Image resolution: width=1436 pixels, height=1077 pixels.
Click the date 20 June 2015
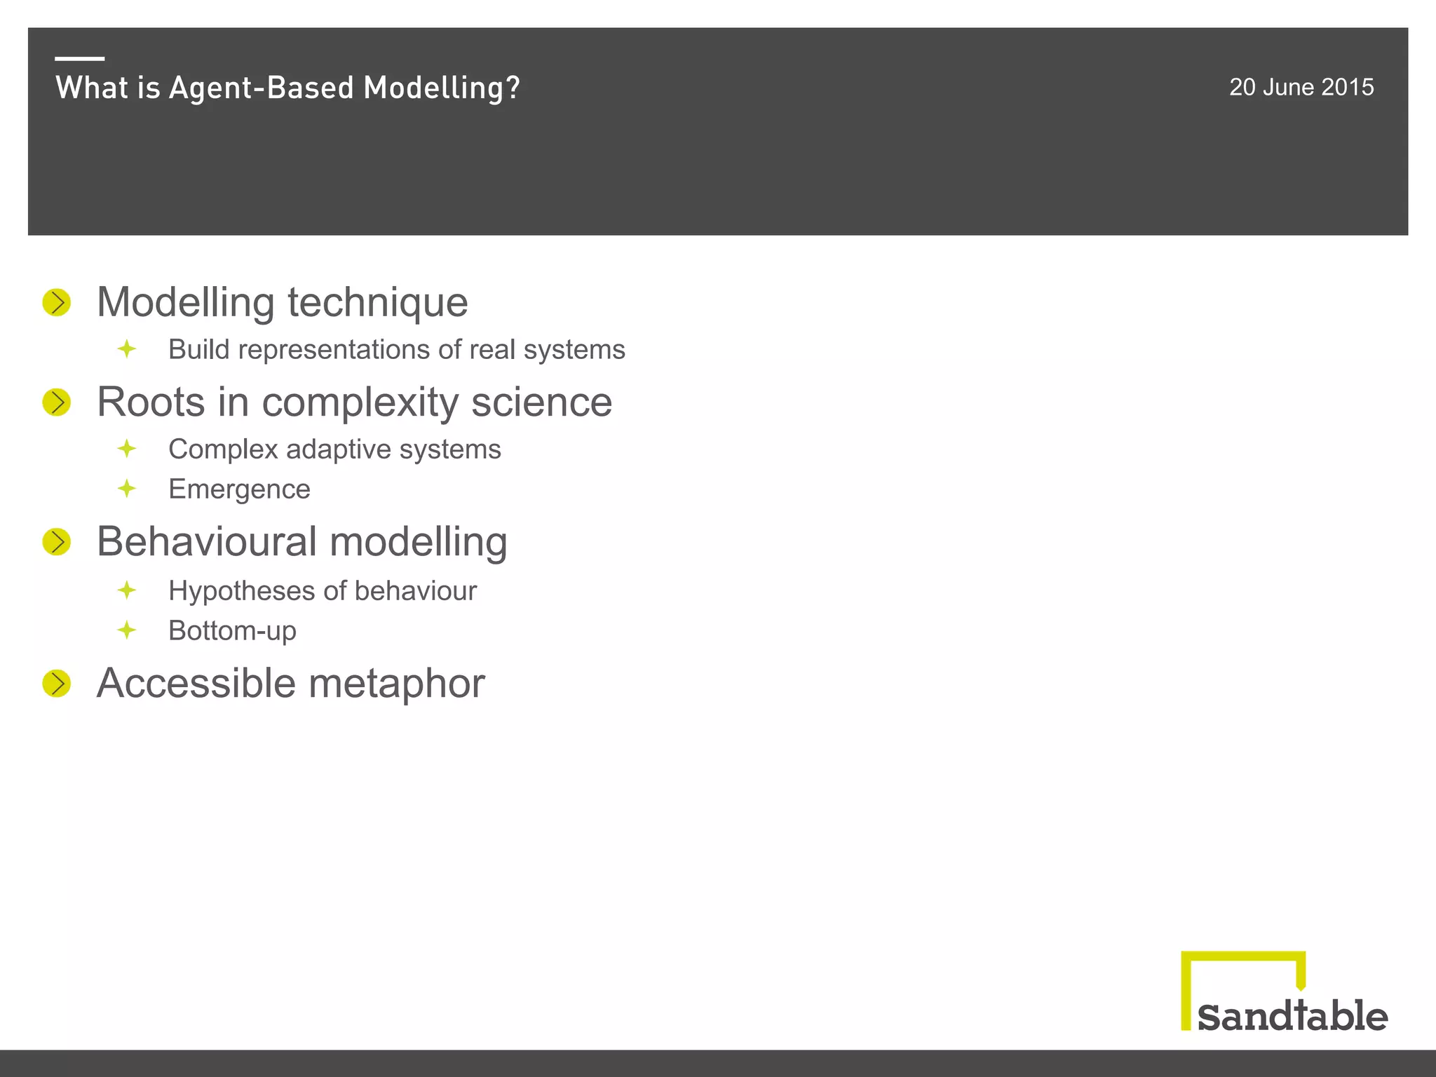[x=1301, y=87]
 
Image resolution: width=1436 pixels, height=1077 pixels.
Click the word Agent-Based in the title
[x=262, y=88]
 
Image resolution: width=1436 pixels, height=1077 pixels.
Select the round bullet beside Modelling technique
[x=57, y=303]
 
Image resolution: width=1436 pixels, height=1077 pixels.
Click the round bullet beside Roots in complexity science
[x=57, y=402]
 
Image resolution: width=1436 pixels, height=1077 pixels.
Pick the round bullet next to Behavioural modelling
[x=57, y=542]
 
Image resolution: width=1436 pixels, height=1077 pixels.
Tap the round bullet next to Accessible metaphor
[x=57, y=684]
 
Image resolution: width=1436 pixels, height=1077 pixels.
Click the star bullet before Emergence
[x=127, y=488]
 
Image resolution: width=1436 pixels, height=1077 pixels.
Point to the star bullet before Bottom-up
[x=127, y=630]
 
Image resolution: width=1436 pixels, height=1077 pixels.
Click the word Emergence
[x=239, y=489]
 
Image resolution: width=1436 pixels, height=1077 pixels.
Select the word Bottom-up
[x=232, y=631]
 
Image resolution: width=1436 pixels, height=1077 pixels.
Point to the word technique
[x=377, y=303]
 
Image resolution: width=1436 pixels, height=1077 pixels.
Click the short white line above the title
[x=80, y=59]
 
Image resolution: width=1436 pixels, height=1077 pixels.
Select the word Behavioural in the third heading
[x=208, y=542]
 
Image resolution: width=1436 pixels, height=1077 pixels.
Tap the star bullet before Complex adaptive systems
[x=127, y=448]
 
